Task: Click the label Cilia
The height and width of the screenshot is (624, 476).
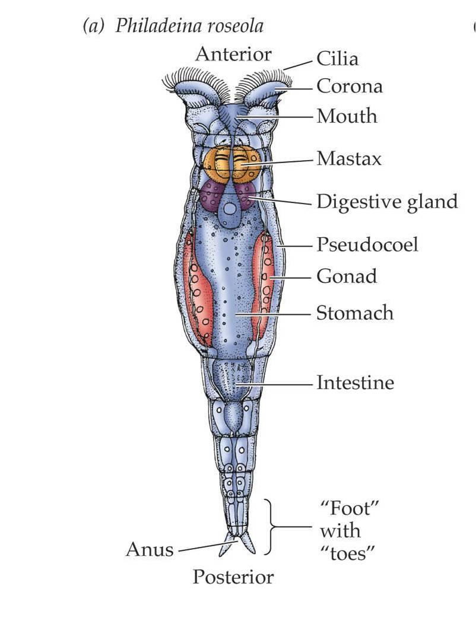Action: pyautogui.click(x=337, y=59)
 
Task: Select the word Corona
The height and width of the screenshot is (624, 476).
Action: pyautogui.click(x=349, y=87)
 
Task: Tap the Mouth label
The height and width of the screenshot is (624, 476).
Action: pyautogui.click(x=347, y=116)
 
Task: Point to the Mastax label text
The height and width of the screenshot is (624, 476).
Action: pyautogui.click(x=348, y=159)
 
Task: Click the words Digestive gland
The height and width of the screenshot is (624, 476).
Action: pyautogui.click(x=387, y=202)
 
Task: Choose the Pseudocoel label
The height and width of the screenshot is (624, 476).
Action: pyautogui.click(x=367, y=244)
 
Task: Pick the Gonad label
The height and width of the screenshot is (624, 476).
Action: pyautogui.click(x=347, y=276)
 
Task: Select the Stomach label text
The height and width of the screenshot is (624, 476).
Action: pyautogui.click(x=354, y=313)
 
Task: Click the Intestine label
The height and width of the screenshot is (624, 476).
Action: pyautogui.click(x=355, y=383)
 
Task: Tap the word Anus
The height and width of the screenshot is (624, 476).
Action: pyautogui.click(x=150, y=550)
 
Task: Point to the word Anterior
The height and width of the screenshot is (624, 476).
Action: pyautogui.click(x=233, y=55)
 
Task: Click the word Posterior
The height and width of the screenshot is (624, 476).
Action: pyautogui.click(x=233, y=577)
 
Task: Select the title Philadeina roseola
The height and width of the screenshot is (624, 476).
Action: pyautogui.click(x=189, y=26)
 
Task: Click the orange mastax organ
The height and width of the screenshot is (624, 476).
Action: pyautogui.click(x=232, y=164)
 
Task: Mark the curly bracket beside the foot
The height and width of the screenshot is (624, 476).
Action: pyautogui.click(x=271, y=527)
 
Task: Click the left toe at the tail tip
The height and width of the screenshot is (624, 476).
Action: pyautogui.click(x=226, y=547)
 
